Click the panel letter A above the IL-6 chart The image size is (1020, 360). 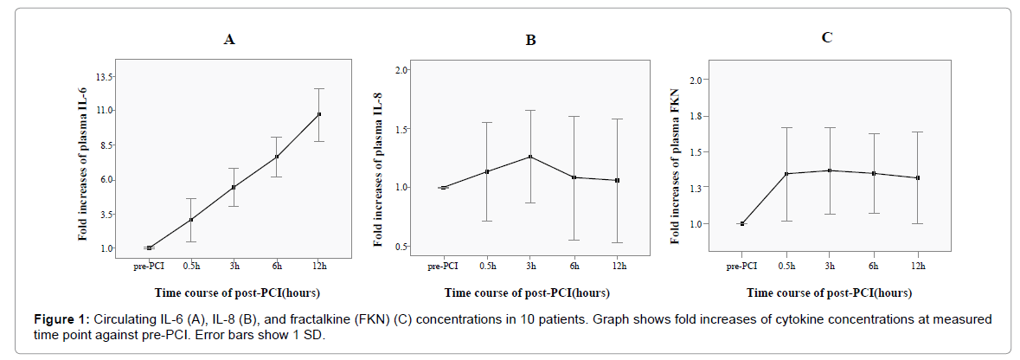pyautogui.click(x=229, y=39)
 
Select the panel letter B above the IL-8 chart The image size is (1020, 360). pyautogui.click(x=531, y=40)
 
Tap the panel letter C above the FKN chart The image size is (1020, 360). pyautogui.click(x=827, y=37)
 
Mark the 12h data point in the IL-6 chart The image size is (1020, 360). pyautogui.click(x=319, y=114)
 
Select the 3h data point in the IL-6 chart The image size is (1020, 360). pyautogui.click(x=234, y=187)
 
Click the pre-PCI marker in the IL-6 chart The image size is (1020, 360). pyautogui.click(x=149, y=248)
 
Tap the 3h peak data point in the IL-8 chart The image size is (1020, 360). pyautogui.click(x=530, y=157)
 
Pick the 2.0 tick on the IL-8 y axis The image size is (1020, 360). pyautogui.click(x=402, y=69)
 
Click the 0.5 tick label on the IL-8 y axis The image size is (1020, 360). pyautogui.click(x=402, y=247)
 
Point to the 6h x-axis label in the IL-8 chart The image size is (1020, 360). pyautogui.click(x=574, y=266)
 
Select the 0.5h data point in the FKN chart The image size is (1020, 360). pyautogui.click(x=786, y=174)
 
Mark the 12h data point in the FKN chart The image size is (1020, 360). pyautogui.click(x=916, y=178)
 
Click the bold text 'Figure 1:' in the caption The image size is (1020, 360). pyautogui.click(x=57, y=319)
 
